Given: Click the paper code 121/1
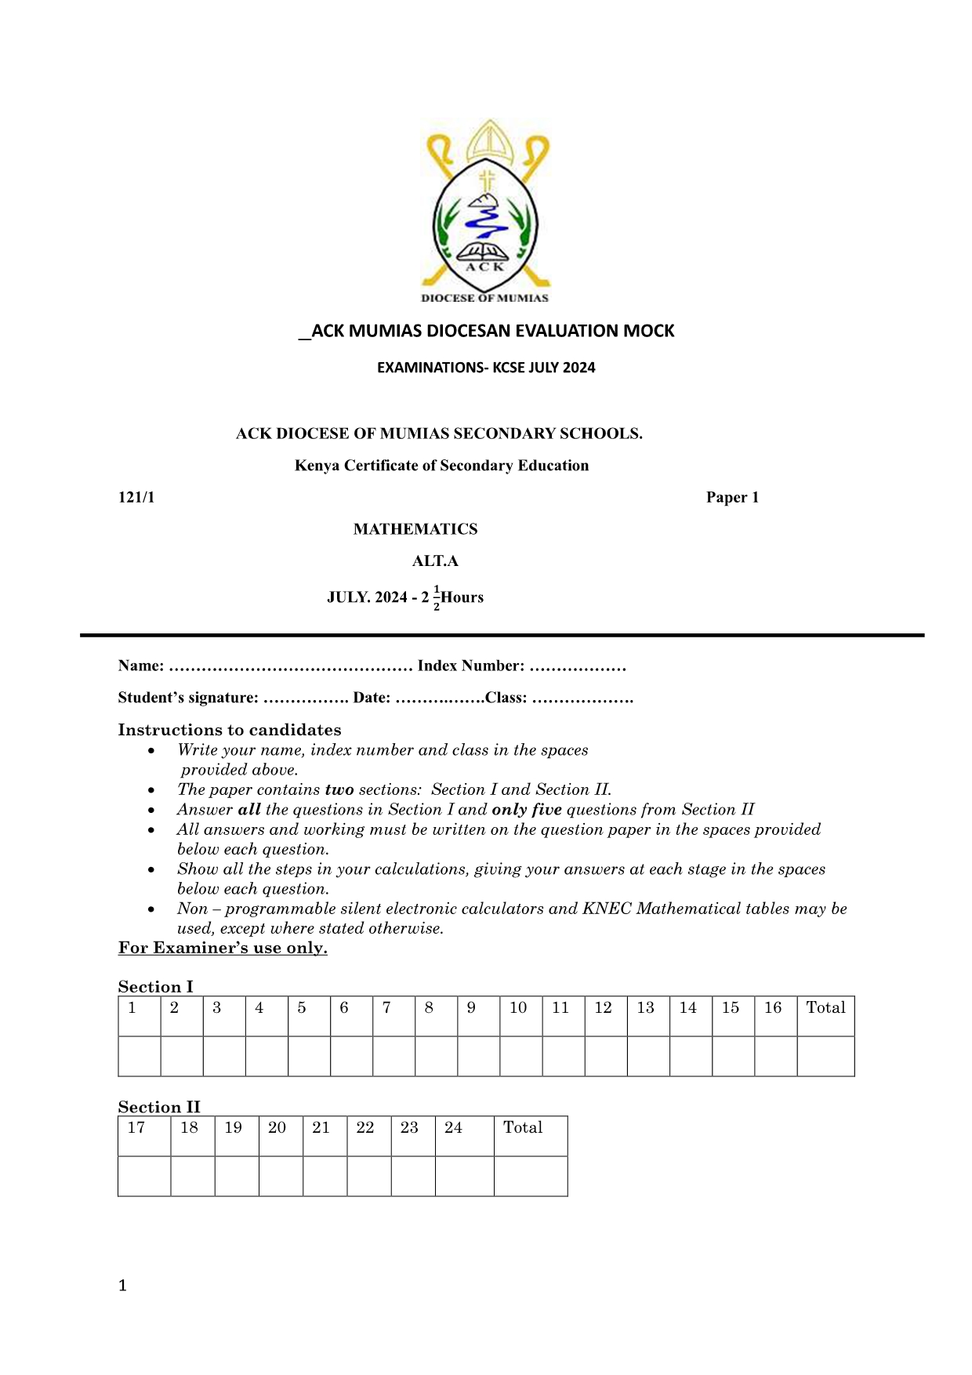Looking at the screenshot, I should click(x=136, y=498).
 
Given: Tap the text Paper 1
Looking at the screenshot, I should click(x=732, y=498).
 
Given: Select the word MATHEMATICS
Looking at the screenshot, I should click(x=415, y=529).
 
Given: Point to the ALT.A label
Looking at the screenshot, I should click(x=435, y=561).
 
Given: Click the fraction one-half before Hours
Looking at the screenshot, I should click(x=437, y=598).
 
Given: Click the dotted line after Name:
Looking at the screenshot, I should click(x=290, y=667).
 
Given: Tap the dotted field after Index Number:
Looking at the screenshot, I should click(x=578, y=667).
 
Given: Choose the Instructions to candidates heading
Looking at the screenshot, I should click(x=230, y=730).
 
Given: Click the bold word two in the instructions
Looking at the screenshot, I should click(x=339, y=790).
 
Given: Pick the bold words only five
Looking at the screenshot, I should click(x=527, y=810).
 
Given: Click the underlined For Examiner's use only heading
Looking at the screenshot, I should click(x=223, y=949).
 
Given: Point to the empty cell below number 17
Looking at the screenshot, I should click(x=144, y=1176).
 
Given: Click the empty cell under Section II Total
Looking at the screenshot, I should click(x=531, y=1176).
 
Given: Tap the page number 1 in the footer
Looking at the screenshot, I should click(x=122, y=1286).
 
